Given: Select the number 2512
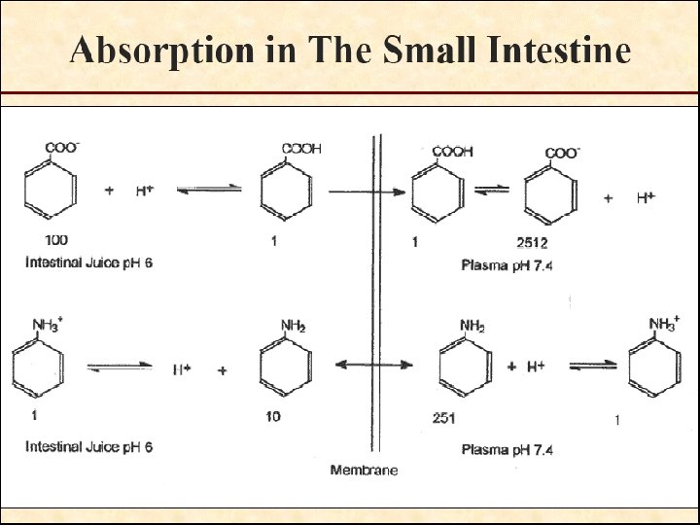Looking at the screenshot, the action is [532, 242].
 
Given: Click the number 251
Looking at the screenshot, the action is [443, 418].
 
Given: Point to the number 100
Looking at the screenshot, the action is [57, 239].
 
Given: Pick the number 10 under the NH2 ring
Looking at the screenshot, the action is [273, 417].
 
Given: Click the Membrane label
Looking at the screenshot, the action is [364, 471].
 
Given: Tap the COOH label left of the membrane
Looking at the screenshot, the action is [301, 149].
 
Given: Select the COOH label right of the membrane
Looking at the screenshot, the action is [452, 152].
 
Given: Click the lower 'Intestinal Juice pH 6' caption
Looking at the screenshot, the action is [88, 447].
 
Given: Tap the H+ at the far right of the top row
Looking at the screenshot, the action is [646, 197].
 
